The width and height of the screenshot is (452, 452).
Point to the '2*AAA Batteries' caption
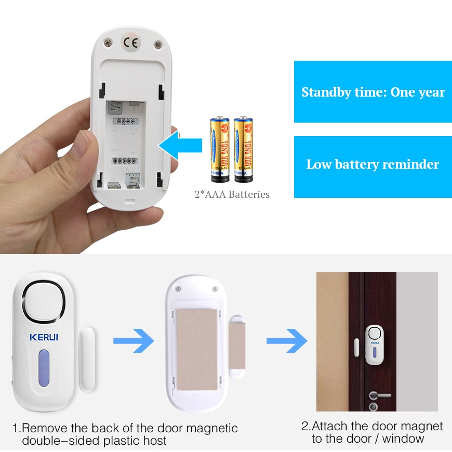tap(232, 195)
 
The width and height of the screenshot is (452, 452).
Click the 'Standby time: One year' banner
tap(373, 92)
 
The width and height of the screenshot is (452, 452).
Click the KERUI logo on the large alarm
tap(44, 337)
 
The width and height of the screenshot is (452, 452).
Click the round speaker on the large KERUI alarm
tap(44, 301)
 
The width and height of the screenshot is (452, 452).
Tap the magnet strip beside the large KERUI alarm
tap(86, 358)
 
